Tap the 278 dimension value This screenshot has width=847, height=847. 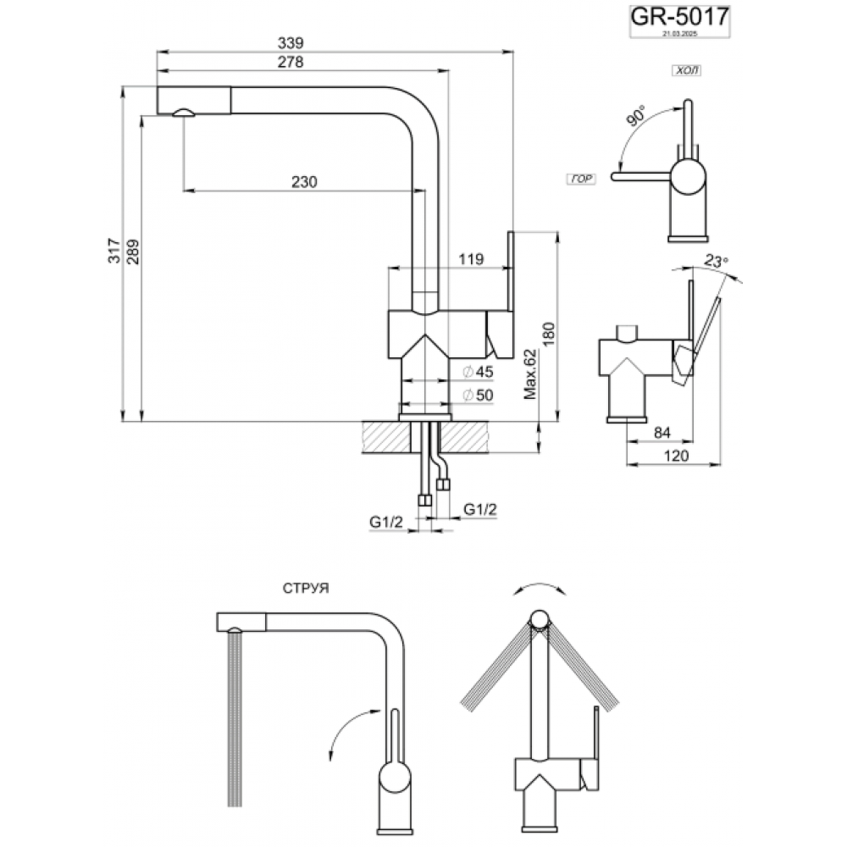click(x=289, y=62)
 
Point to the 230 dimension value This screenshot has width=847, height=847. click(x=302, y=181)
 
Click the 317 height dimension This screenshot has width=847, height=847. click(x=124, y=253)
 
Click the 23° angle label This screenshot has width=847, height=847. click(x=716, y=262)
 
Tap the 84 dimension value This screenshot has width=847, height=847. click(x=662, y=434)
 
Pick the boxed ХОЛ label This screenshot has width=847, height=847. click(x=687, y=73)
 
